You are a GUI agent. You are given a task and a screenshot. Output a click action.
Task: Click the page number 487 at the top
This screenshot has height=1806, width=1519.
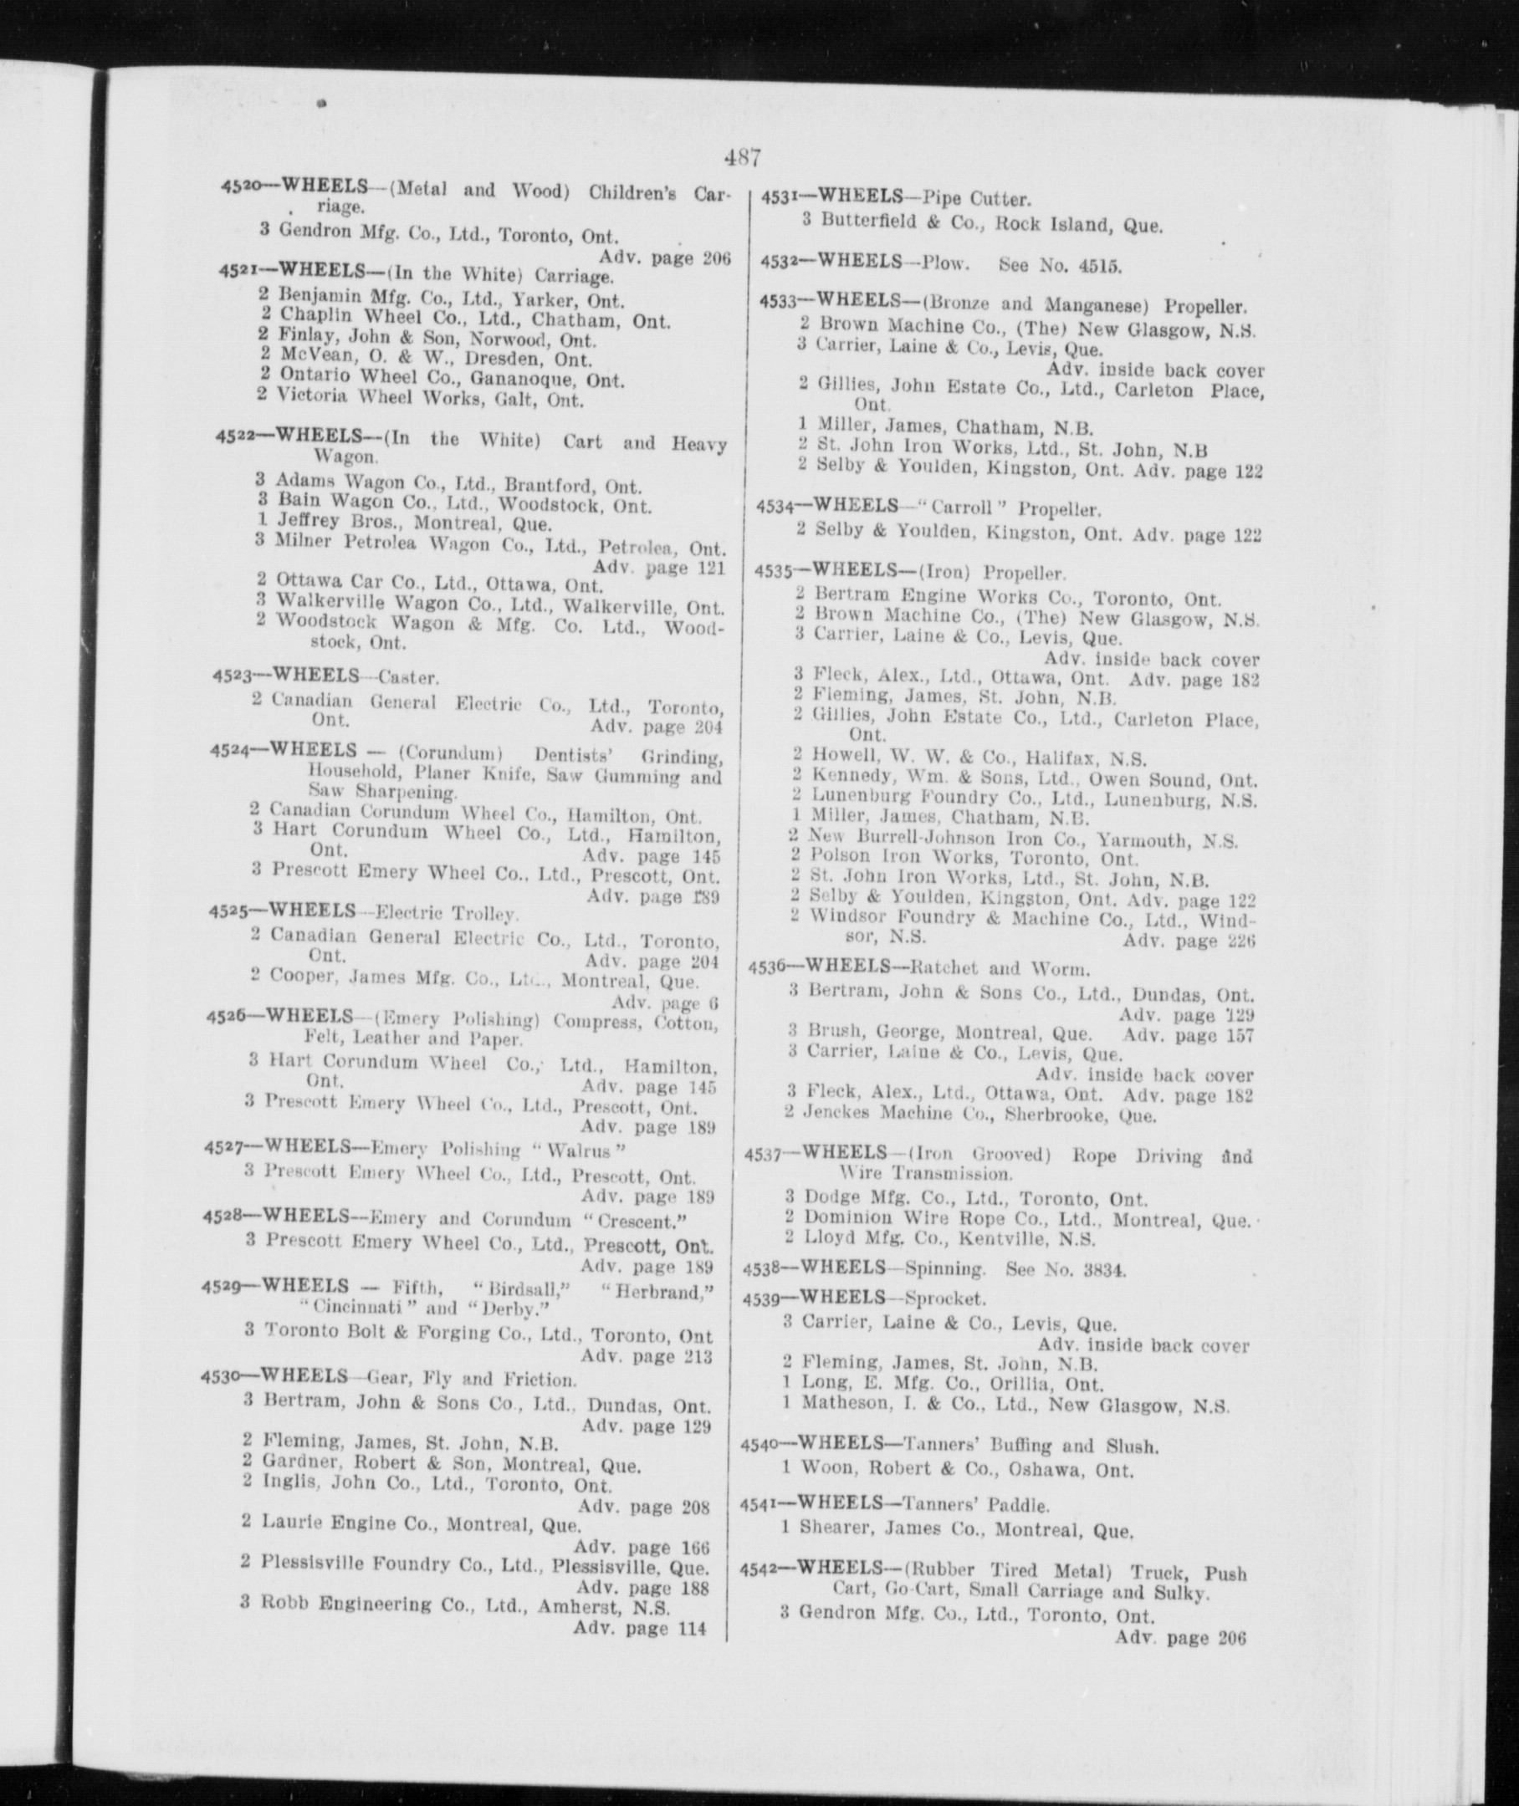click(741, 157)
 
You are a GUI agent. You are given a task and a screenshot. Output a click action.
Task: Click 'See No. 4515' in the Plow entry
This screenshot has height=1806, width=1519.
click(1060, 265)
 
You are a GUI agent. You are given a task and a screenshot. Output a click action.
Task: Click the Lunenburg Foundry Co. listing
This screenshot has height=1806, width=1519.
click(1025, 799)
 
